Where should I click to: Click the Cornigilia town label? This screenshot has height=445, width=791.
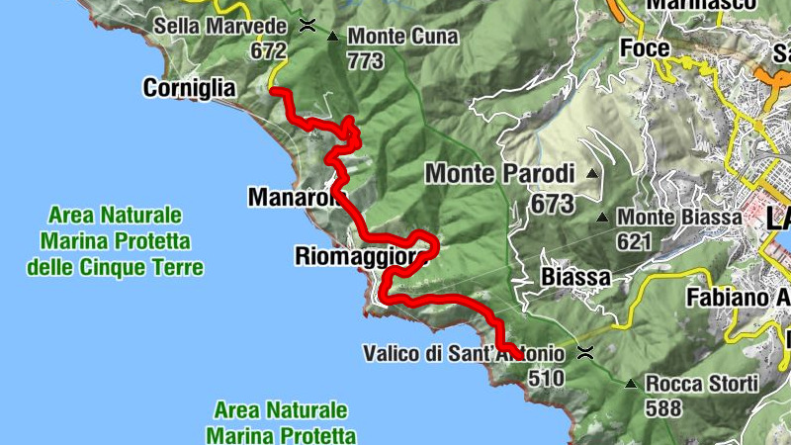[189, 89]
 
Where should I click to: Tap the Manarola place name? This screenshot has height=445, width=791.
[294, 198]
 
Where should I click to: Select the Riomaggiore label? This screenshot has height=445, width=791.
[360, 257]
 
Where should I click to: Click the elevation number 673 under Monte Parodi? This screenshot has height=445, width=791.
[552, 205]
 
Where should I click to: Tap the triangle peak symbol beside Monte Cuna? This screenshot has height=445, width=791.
[332, 37]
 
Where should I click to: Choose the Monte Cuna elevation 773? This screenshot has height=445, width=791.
[365, 61]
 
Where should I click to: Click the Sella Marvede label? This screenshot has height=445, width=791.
[221, 26]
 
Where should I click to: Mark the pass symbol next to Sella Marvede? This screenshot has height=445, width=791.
[308, 26]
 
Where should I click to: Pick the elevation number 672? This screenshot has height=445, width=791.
[268, 50]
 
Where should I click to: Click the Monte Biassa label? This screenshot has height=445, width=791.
[679, 217]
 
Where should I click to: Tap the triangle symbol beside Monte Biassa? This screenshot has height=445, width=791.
[602, 217]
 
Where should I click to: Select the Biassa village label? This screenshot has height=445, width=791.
[576, 277]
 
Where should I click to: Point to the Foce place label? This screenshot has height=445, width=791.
[645, 47]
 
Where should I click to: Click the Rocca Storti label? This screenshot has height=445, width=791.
[701, 383]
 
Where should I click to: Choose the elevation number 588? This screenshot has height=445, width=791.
[662, 406]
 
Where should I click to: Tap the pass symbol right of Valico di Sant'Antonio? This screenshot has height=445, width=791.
[585, 353]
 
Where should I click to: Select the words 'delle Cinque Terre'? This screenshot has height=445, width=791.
[116, 267]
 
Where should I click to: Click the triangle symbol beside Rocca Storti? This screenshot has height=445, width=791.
[630, 383]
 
